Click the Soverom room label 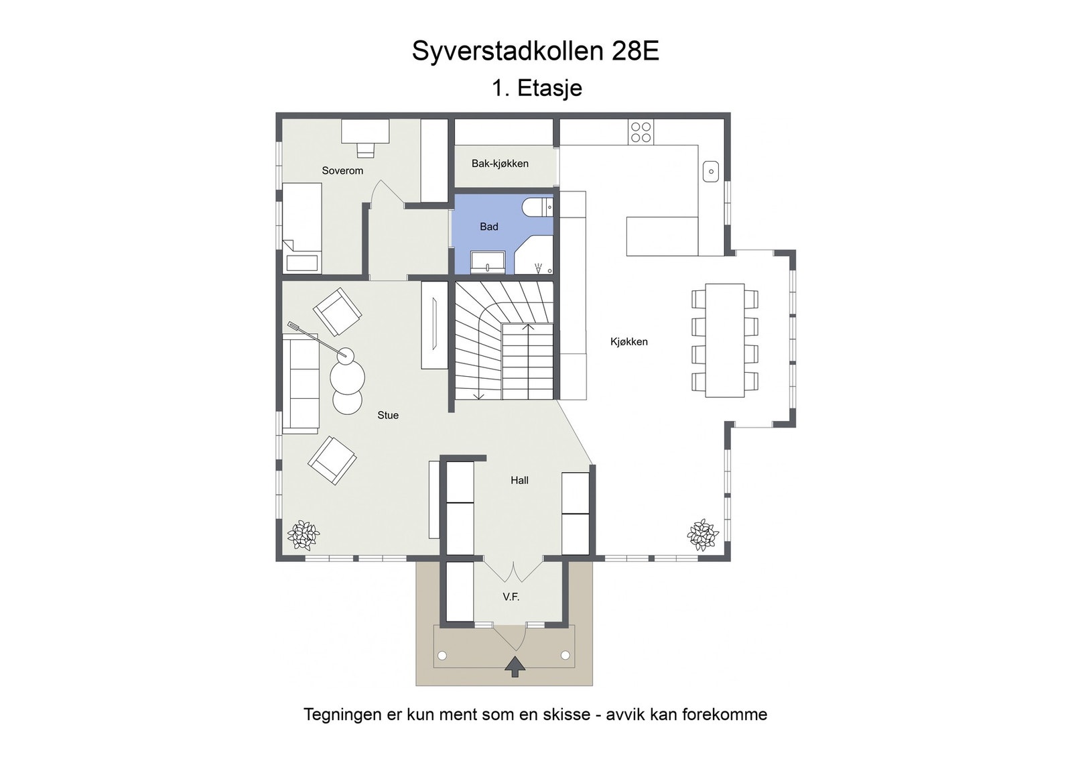pyautogui.click(x=342, y=170)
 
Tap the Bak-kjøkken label pyautogui.click(x=500, y=163)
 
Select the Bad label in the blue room pyautogui.click(x=488, y=227)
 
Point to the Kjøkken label pyautogui.click(x=628, y=341)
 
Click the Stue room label pyautogui.click(x=387, y=415)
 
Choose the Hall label pyautogui.click(x=519, y=480)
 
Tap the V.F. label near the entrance pyautogui.click(x=511, y=597)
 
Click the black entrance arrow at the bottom pyautogui.click(x=515, y=666)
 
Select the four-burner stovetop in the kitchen pyautogui.click(x=641, y=132)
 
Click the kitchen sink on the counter pyautogui.click(x=710, y=172)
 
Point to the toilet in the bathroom pyautogui.click(x=537, y=208)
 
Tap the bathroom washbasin pyautogui.click(x=488, y=261)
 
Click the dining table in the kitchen pyautogui.click(x=724, y=341)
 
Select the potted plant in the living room pyautogui.click(x=303, y=535)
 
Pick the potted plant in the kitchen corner pyautogui.click(x=702, y=534)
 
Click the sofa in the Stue pyautogui.click(x=300, y=383)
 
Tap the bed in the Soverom pyautogui.click(x=301, y=227)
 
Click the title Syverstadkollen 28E pyautogui.click(x=535, y=51)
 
